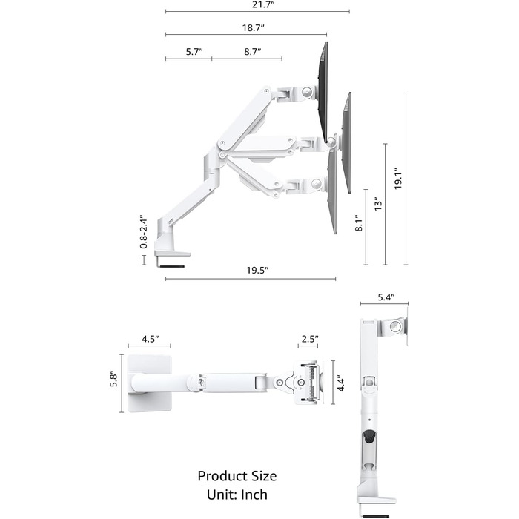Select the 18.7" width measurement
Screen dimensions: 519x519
click(254, 28)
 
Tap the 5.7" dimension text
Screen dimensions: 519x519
click(194, 52)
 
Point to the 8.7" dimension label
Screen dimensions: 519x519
click(253, 52)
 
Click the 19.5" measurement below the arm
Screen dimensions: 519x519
click(257, 271)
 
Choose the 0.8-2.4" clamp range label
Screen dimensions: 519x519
click(143, 233)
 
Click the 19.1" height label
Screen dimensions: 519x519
click(397, 179)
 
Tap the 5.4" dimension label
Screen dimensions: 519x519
click(386, 297)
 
